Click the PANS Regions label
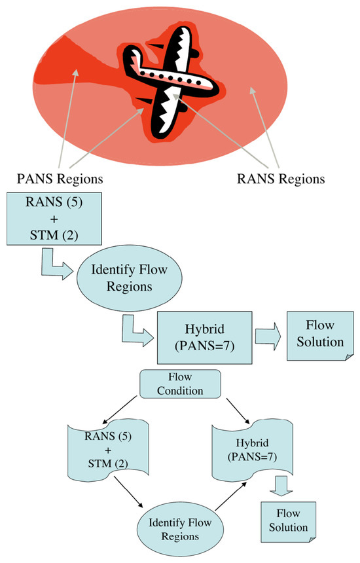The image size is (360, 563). (x=60, y=179)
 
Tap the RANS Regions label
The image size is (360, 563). (x=281, y=179)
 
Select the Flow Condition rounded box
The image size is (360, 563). (x=180, y=384)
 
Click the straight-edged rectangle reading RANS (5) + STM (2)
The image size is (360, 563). (x=54, y=219)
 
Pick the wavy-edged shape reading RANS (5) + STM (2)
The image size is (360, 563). (x=108, y=450)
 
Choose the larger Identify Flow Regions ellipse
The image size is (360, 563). (x=130, y=278)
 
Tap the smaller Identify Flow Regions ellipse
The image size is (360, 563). (x=180, y=529)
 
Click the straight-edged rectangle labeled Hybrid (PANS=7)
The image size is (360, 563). (x=205, y=338)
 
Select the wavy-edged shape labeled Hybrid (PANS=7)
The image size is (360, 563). (x=252, y=450)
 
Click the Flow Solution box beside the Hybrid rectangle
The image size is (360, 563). (x=320, y=336)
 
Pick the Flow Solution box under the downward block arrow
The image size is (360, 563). (x=288, y=522)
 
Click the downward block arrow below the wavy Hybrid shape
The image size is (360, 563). (x=281, y=486)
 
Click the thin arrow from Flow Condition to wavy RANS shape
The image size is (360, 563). (x=120, y=410)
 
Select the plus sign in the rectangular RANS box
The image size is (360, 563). (x=54, y=219)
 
